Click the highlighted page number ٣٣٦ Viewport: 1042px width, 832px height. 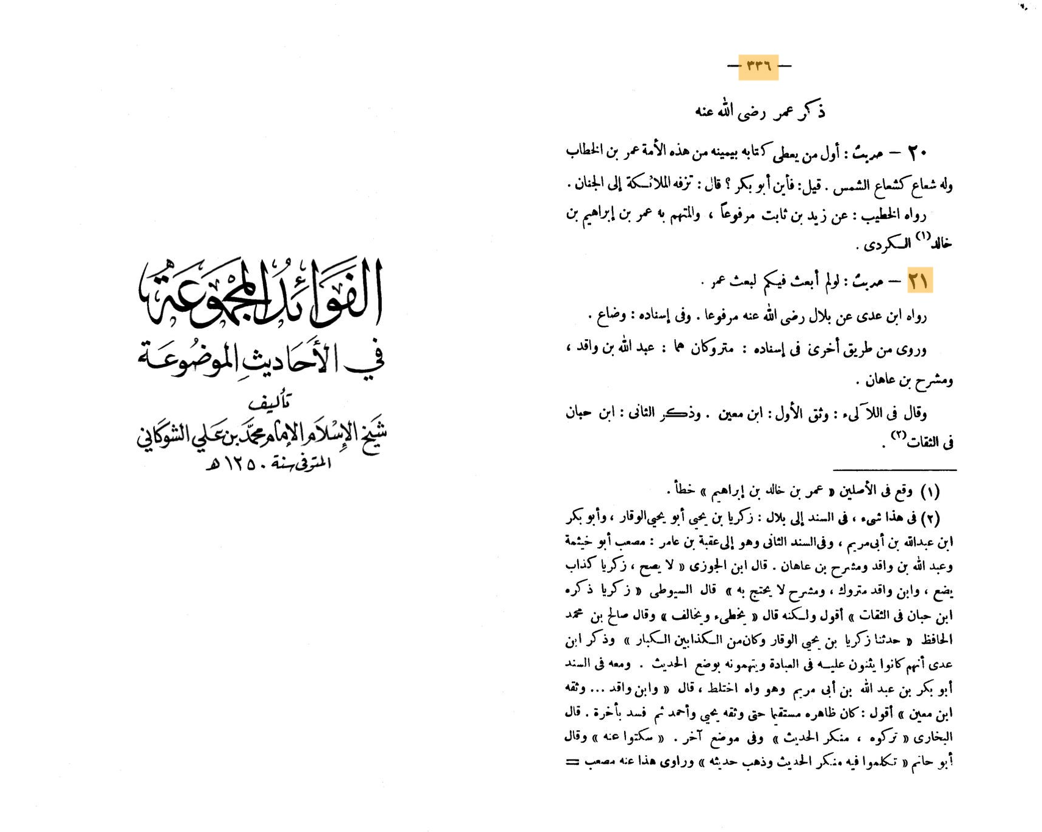tap(758, 66)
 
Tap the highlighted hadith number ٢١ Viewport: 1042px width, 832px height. tap(919, 281)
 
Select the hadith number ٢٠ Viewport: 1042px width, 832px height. tap(918, 152)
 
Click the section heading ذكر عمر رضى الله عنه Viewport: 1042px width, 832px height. tap(760, 112)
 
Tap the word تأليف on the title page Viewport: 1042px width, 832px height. tap(270, 402)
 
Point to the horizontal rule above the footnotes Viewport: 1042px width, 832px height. tap(894, 470)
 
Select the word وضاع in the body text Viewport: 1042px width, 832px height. tap(610, 315)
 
